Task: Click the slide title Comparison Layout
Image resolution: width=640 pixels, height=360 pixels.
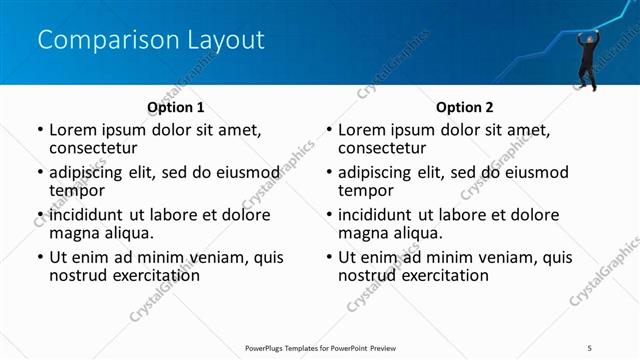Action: point(151,40)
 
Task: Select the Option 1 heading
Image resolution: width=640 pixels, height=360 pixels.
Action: point(175,107)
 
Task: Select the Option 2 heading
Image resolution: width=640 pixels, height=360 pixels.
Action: point(464,107)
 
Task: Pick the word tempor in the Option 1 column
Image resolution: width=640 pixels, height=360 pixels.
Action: point(76,190)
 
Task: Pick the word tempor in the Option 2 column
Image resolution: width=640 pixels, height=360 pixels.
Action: point(365,190)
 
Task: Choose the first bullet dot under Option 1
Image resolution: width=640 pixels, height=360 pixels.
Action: point(40,130)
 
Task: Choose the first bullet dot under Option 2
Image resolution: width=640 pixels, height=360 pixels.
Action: point(329,130)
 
